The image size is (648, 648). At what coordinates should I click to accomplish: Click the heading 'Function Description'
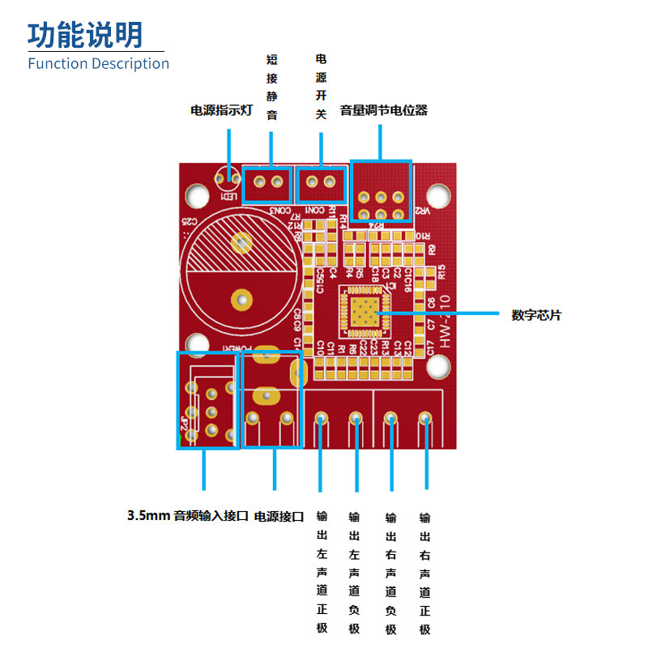point(98,63)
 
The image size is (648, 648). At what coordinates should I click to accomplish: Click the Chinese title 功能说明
point(85,34)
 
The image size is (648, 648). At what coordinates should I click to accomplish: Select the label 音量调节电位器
point(383,110)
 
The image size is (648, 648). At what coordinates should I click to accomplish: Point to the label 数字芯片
point(535,315)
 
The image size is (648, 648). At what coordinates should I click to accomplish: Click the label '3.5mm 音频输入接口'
point(187,515)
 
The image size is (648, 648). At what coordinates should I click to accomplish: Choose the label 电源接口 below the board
point(279,516)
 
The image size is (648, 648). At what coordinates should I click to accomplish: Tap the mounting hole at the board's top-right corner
point(437,194)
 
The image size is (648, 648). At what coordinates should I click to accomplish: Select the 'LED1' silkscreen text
point(229,197)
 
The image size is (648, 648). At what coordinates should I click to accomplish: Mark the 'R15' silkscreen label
point(441,272)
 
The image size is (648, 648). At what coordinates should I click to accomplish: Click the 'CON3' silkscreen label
point(279,211)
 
